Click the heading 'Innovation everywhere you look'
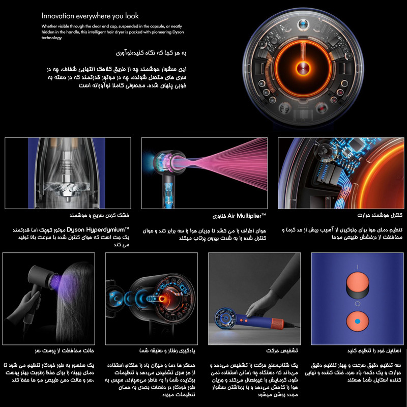pyautogui.click(x=90, y=16)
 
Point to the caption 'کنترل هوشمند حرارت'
pyautogui.click(x=371, y=215)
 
